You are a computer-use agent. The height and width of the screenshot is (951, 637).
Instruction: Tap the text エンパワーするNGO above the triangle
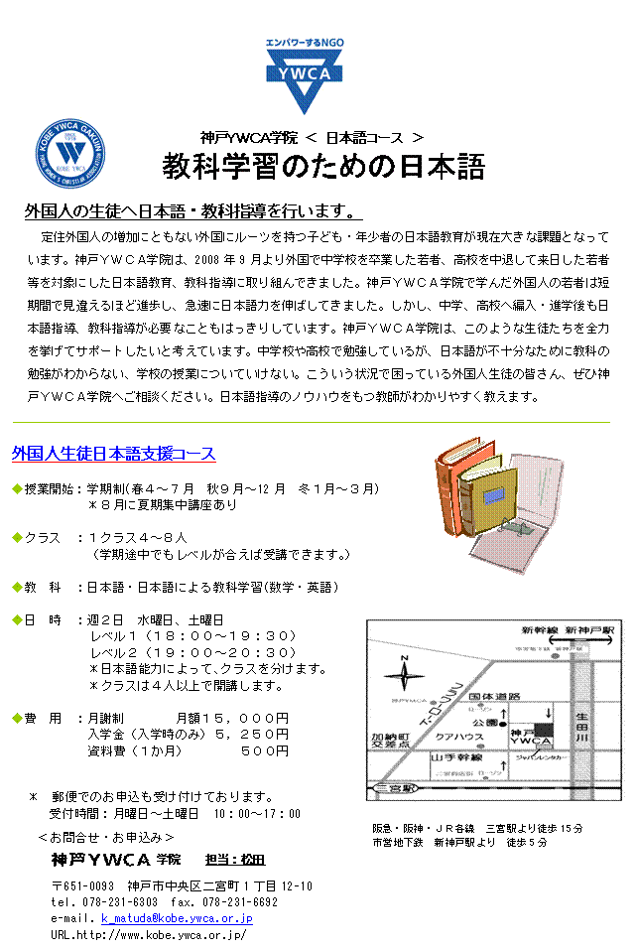tap(304, 45)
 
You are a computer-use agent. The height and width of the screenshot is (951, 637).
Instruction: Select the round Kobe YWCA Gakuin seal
tap(70, 153)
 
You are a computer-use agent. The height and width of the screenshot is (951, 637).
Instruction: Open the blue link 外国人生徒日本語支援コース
tap(114, 454)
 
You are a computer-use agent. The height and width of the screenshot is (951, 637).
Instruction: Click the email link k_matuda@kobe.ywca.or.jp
tap(177, 918)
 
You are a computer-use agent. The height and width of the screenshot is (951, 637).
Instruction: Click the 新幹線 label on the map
tap(540, 630)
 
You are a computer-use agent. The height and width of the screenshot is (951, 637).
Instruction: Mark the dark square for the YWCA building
tap(544, 730)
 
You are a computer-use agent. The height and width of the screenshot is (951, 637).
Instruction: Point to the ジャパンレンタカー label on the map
tap(541, 756)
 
